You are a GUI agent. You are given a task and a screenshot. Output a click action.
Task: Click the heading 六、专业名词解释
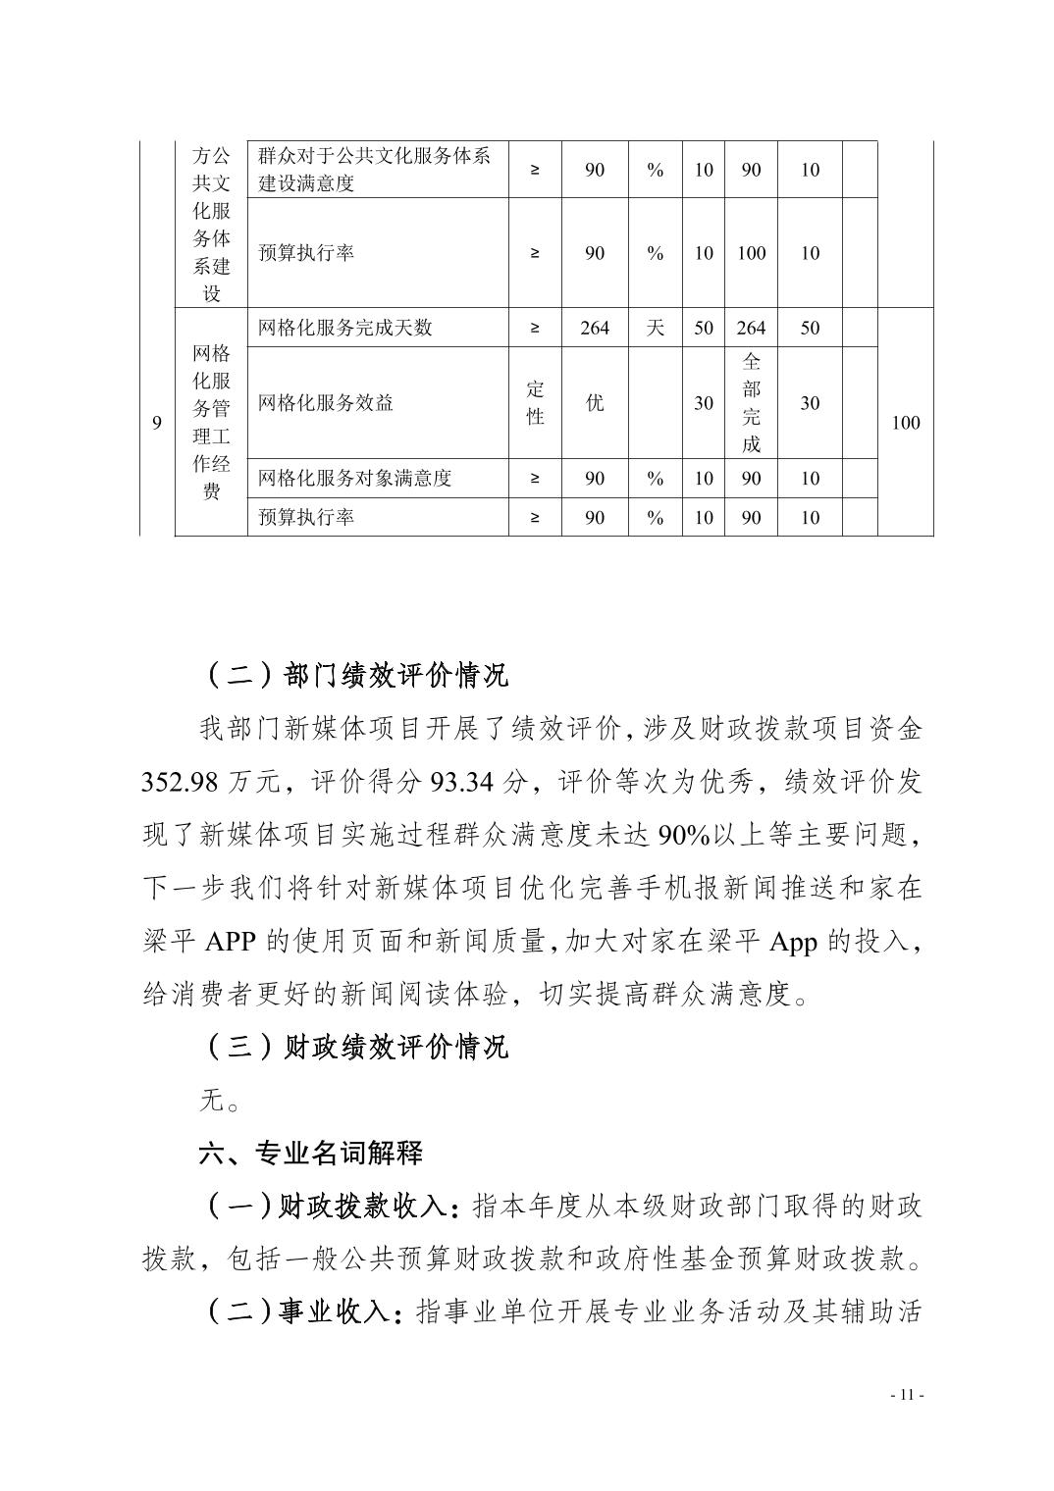pyautogui.click(x=311, y=1153)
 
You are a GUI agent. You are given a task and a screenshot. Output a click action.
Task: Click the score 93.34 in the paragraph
pyautogui.click(x=459, y=782)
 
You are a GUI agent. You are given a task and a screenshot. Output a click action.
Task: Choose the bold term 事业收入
pyautogui.click(x=335, y=1311)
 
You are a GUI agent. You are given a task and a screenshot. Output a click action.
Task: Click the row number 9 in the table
pyautogui.click(x=157, y=423)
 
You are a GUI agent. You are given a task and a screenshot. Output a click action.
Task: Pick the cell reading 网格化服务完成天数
pyautogui.click(x=345, y=328)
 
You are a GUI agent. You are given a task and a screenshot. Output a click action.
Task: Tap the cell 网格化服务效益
pyautogui.click(x=326, y=402)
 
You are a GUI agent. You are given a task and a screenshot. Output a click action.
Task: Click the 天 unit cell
pyautogui.click(x=655, y=328)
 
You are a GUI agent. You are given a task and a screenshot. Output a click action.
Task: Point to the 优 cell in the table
pyautogui.click(x=595, y=402)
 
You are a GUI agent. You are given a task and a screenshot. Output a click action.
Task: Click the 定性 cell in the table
pyautogui.click(x=535, y=402)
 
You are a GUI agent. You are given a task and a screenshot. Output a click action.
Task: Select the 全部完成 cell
pyautogui.click(x=751, y=402)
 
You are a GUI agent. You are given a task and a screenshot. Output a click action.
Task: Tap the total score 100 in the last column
pyautogui.click(x=905, y=423)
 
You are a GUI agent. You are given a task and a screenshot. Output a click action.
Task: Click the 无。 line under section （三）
pyautogui.click(x=220, y=1101)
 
